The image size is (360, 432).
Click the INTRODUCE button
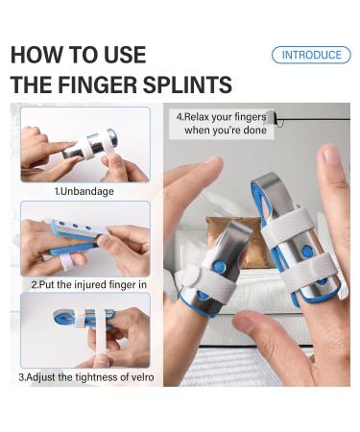click(310, 55)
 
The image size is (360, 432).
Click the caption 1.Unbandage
click(84, 191)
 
